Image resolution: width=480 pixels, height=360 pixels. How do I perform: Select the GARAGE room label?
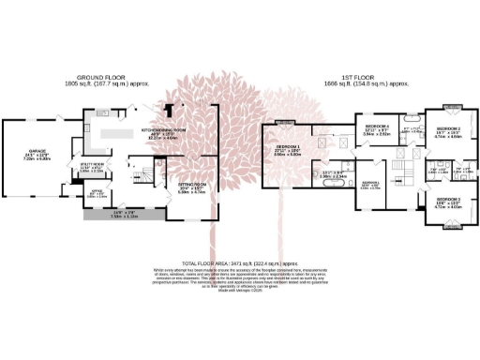coord(37,151)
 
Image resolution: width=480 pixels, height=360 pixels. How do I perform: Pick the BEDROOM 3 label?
coord(446,200)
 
